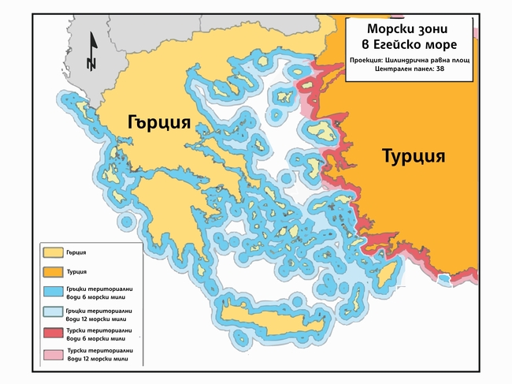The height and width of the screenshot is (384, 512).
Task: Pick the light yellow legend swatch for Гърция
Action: coord(53,253)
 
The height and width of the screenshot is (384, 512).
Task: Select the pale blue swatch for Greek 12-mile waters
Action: coord(53,314)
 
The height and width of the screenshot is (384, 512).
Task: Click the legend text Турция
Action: coord(77,271)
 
